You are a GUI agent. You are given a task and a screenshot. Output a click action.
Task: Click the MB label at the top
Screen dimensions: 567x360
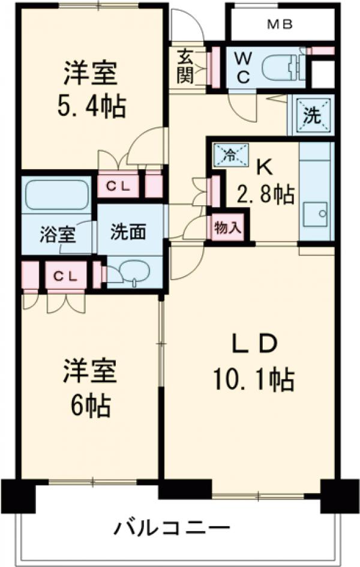(x=280, y=25)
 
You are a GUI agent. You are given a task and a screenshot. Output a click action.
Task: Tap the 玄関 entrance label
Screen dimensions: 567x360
(x=184, y=67)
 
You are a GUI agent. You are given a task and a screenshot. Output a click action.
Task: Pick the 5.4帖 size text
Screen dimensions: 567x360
(x=92, y=107)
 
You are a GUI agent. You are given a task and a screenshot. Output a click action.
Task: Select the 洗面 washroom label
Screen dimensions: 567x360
(x=129, y=232)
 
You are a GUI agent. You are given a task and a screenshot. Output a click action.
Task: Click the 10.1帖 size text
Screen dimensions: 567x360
(x=252, y=379)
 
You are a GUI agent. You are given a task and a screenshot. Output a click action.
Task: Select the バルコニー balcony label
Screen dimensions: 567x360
(x=172, y=528)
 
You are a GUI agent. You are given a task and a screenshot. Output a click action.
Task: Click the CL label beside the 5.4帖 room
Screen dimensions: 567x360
(x=118, y=186)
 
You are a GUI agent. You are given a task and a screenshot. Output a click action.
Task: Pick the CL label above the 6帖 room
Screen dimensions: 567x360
(x=65, y=275)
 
